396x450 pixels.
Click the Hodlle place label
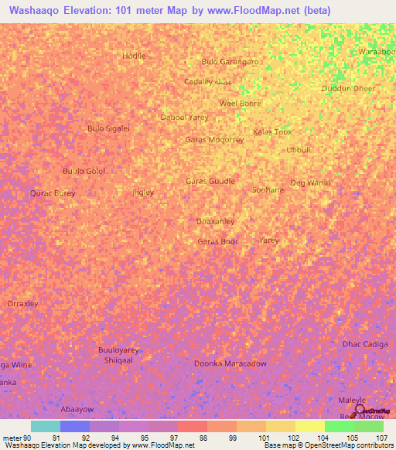click(x=134, y=56)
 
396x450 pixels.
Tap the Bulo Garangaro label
click(x=230, y=61)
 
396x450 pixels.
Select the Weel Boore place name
click(x=240, y=103)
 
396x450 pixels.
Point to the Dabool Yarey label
click(x=184, y=117)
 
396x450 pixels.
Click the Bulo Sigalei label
click(x=108, y=128)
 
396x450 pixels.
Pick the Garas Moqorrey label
click(x=214, y=140)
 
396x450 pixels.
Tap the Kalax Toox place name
click(x=272, y=131)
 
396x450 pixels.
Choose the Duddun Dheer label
click(x=348, y=88)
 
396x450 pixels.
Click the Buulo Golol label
click(x=84, y=171)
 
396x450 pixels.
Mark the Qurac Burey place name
click(x=53, y=193)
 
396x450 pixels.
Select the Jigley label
click(x=143, y=192)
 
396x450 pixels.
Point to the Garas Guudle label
click(x=210, y=181)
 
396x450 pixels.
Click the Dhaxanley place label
click(x=215, y=221)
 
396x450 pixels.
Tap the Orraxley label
click(x=22, y=304)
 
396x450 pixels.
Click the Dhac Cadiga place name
click(x=364, y=343)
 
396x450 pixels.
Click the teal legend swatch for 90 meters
click(x=45, y=426)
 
